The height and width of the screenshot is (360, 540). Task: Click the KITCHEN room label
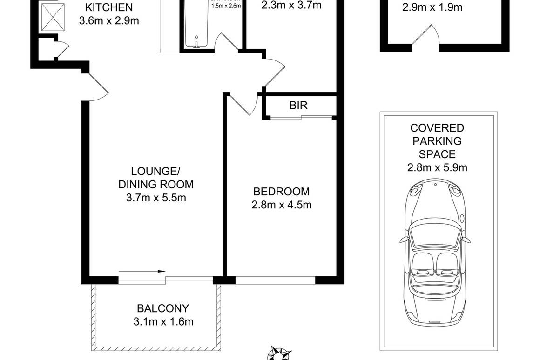(109, 7)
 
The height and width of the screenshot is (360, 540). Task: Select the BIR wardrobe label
(298, 106)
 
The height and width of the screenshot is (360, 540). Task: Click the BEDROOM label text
(281, 191)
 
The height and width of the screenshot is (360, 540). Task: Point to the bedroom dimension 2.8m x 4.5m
(281, 204)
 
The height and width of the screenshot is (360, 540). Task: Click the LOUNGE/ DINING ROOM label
(155, 177)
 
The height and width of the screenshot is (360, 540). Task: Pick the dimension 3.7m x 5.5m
(156, 198)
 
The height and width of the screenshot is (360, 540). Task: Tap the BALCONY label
(162, 308)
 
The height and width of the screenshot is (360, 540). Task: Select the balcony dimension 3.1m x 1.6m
(162, 321)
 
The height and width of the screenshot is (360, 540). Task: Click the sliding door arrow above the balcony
(142, 271)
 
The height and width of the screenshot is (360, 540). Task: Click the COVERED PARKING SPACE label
(436, 141)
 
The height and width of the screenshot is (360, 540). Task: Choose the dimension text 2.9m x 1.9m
(425, 7)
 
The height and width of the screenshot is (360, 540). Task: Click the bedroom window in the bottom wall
(275, 280)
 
